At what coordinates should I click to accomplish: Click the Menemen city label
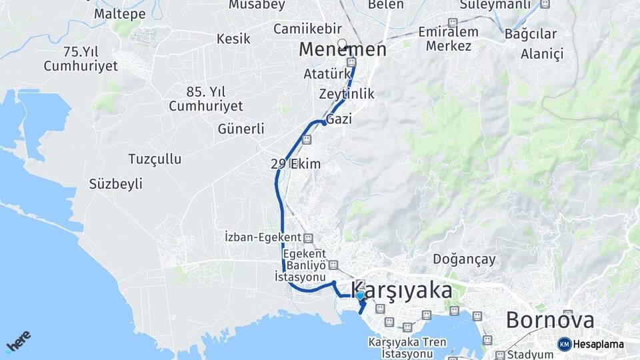(x=342, y=50)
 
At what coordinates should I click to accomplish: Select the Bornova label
(x=550, y=320)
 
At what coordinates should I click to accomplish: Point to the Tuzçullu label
(x=155, y=159)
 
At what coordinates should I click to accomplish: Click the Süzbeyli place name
(x=115, y=184)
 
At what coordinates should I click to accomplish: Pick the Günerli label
(x=241, y=129)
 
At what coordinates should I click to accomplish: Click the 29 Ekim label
(x=296, y=164)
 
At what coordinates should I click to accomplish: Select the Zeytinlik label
(x=347, y=94)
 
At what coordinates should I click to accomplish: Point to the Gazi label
(x=339, y=119)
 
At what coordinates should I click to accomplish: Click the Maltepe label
(x=119, y=13)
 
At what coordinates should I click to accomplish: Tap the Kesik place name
(x=233, y=39)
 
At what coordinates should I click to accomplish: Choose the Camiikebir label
(x=307, y=29)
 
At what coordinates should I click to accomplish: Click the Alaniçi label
(x=542, y=53)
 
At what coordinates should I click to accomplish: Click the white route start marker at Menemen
(x=342, y=44)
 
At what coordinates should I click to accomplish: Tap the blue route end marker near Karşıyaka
(x=360, y=295)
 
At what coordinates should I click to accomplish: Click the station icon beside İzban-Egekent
(x=308, y=237)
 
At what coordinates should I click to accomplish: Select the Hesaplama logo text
(x=599, y=345)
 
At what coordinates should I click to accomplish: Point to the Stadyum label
(x=530, y=355)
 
